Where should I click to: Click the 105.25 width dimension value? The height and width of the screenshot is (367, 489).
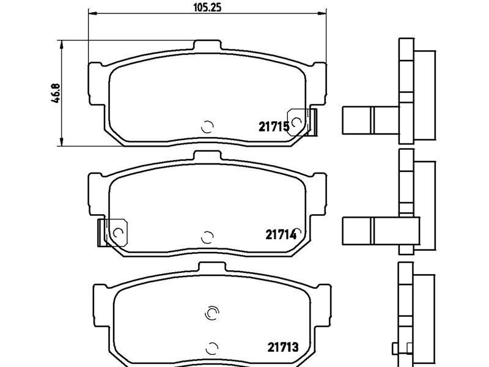[x=207, y=7]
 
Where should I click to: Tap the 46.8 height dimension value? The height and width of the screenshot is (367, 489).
[x=56, y=93]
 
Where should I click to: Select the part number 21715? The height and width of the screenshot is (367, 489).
[x=274, y=127]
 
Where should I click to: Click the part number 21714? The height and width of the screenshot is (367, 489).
[x=281, y=235]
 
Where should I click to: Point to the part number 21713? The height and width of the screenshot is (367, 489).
[x=283, y=347]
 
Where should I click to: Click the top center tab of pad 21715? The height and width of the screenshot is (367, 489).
[x=207, y=45]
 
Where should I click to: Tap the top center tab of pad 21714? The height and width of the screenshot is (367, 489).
[x=207, y=156]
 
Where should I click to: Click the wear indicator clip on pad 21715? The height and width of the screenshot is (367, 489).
[x=302, y=122]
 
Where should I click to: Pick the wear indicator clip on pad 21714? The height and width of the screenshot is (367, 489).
[x=113, y=232]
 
